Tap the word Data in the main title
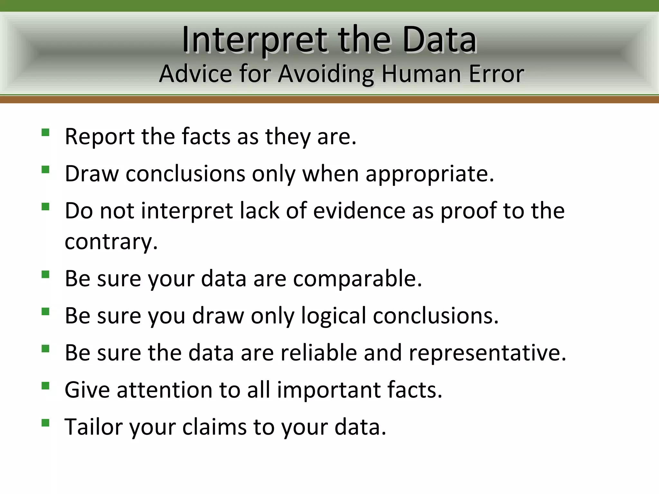click(x=439, y=40)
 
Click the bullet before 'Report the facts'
click(x=45, y=133)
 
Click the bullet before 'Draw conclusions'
click(x=45, y=169)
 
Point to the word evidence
click(x=359, y=211)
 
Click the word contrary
click(x=111, y=242)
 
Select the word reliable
click(x=319, y=353)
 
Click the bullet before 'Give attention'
click(x=45, y=386)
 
